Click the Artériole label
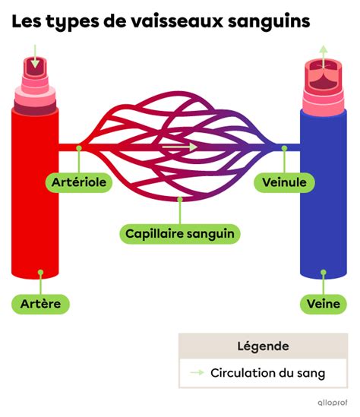[79, 182]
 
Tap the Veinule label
[284, 182]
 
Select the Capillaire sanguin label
[180, 234]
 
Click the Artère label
[40, 304]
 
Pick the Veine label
[324, 304]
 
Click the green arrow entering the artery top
[35, 56]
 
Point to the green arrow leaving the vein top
[324, 57]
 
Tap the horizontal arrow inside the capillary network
[180, 147]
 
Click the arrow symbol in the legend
[197, 373]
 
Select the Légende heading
[263, 346]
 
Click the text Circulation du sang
[268, 373]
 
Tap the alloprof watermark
[333, 403]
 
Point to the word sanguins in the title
[269, 22]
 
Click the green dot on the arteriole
[79, 148]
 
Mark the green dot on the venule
[284, 148]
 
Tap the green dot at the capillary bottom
[180, 199]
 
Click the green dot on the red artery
[40, 273]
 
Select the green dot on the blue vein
[324, 273]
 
